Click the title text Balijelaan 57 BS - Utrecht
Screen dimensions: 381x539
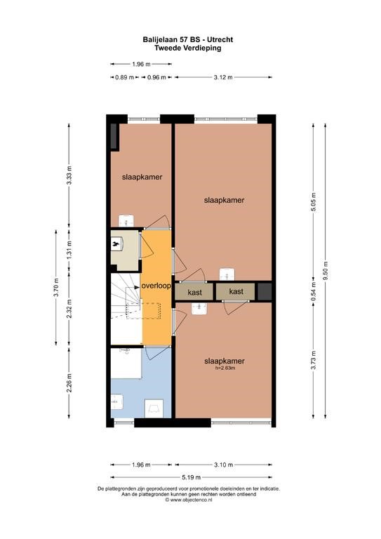click(188, 39)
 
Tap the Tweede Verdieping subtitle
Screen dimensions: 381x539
click(187, 48)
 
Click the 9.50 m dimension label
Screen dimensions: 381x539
click(326, 271)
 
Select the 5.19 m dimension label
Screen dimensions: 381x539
click(192, 477)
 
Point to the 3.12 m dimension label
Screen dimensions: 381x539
click(223, 77)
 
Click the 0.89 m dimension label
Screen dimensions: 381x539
click(124, 77)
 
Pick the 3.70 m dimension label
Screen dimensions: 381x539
click(57, 287)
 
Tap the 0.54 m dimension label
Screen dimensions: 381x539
click(314, 291)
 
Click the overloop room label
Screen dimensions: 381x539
click(156, 286)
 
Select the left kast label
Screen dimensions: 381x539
click(195, 293)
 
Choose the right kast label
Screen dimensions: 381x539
click(236, 291)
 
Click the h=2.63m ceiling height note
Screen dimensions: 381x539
click(225, 368)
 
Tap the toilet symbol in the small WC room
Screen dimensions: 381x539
click(116, 244)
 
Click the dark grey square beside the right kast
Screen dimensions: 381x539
click(265, 291)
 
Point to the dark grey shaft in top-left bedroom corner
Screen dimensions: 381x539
click(114, 136)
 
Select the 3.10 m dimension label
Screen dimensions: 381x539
click(223, 465)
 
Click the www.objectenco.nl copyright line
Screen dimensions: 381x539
click(189, 500)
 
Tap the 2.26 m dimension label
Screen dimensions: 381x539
click(69, 382)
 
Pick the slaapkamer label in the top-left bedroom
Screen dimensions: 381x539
click(142, 177)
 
